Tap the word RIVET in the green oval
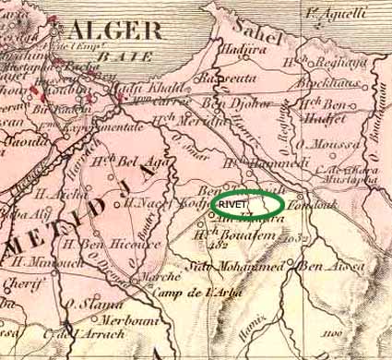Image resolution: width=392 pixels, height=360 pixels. click(235, 203)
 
